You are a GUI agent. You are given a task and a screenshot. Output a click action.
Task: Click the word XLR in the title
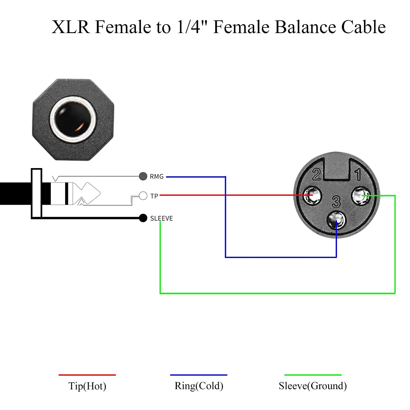(71, 27)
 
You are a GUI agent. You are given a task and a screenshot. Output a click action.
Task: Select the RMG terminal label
(157, 177)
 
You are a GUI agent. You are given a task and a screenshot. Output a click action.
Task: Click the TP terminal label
(154, 196)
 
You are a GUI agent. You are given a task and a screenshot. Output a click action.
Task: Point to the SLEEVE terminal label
(162, 218)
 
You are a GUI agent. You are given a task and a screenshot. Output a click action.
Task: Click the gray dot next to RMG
(143, 176)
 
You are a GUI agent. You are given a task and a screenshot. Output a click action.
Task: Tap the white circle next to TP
(143, 196)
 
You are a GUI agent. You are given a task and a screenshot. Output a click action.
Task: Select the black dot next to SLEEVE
(143, 218)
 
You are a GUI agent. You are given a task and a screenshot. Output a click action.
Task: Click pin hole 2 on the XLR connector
(313, 195)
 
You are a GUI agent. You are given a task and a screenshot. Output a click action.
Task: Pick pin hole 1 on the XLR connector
(361, 196)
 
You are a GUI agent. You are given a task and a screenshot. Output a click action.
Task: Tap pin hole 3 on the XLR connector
(336, 220)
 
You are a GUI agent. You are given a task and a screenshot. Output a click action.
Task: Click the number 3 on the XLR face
(336, 202)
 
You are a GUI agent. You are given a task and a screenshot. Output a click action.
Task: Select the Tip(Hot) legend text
(87, 386)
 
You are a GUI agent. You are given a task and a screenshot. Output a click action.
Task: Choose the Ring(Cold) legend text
(199, 386)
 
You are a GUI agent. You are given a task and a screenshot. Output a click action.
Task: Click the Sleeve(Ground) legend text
(313, 386)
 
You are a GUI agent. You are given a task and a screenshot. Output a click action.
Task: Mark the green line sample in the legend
(313, 375)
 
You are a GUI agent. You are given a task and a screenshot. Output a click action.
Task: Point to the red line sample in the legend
(87, 375)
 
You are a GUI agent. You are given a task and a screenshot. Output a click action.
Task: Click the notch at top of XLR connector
(337, 169)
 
